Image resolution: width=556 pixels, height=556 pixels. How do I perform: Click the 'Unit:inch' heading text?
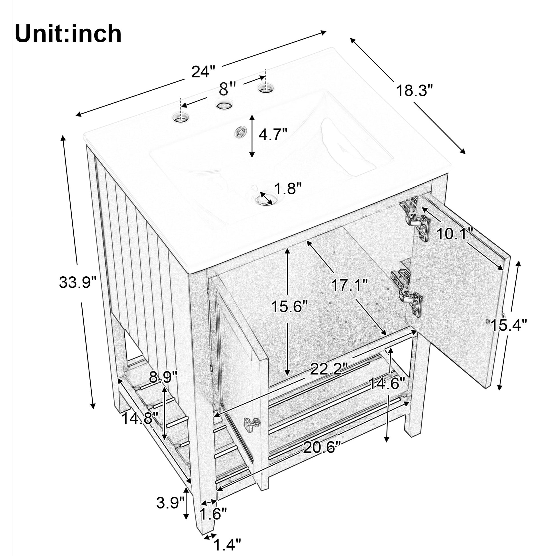pos(68,34)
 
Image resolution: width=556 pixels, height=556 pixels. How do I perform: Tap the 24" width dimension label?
pos(203,72)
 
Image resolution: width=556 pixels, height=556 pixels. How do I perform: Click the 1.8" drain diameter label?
pos(287,189)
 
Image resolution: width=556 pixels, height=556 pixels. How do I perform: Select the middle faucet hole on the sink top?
pos(225,106)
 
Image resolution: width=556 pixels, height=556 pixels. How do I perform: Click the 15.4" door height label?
pos(509,325)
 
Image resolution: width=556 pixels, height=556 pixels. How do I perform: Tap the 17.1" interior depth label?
pos(349,286)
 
